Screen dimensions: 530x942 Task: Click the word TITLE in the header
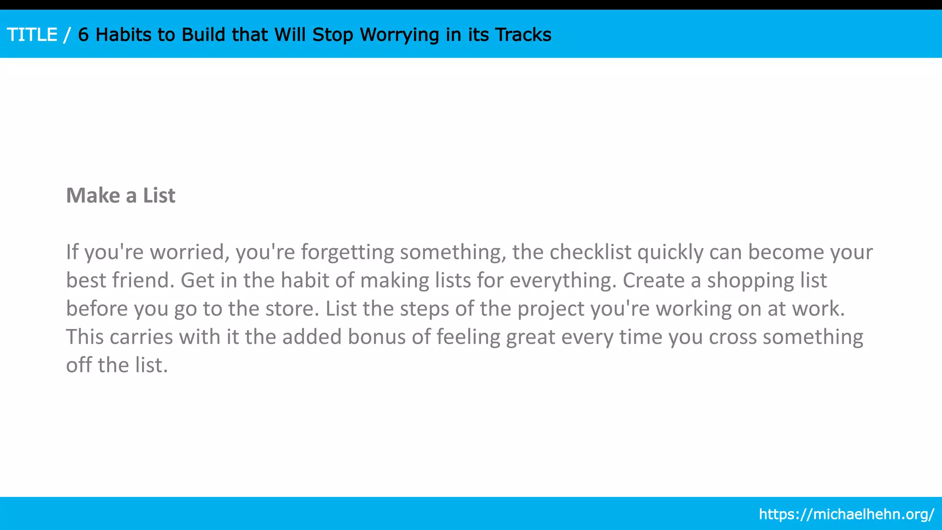tap(32, 35)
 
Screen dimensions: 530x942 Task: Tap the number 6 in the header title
tap(83, 35)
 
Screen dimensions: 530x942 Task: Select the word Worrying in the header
tap(399, 35)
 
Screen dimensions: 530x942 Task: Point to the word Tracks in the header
tap(523, 35)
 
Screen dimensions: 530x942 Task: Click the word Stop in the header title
tap(333, 35)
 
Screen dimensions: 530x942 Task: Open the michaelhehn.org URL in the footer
tap(846, 514)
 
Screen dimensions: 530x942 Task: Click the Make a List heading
tap(121, 196)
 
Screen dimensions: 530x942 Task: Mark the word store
tap(292, 309)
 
